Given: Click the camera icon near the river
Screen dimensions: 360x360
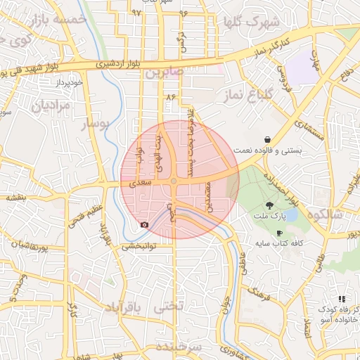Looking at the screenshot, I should coord(145,224).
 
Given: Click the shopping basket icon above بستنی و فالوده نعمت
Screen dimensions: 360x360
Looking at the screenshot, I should coord(267,139).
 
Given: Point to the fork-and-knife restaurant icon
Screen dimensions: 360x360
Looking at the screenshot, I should coord(342,299).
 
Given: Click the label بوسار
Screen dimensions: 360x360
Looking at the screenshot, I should coord(97,125).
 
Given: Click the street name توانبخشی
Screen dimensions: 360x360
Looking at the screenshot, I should coord(148,246).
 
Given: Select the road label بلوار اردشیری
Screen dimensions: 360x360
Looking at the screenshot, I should coord(114,65).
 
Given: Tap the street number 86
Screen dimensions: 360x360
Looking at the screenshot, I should coord(169,97).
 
